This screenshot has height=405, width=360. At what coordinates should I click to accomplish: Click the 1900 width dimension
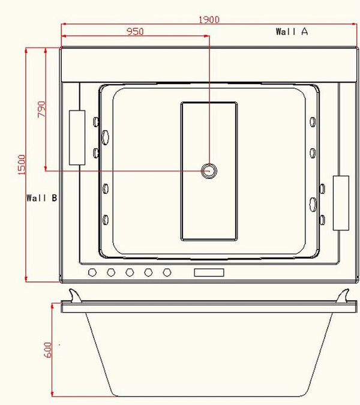click(x=210, y=19)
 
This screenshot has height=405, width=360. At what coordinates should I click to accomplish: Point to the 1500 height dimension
click(x=21, y=165)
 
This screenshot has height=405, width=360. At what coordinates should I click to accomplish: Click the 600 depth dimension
click(x=48, y=349)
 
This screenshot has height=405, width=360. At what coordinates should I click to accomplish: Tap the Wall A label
click(x=292, y=32)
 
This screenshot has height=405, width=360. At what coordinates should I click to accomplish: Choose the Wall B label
click(x=41, y=197)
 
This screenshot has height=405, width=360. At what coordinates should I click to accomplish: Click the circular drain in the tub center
click(x=209, y=171)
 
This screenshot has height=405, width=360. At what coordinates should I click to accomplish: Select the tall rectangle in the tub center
click(x=209, y=171)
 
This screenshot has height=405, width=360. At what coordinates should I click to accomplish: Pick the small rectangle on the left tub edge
click(x=77, y=137)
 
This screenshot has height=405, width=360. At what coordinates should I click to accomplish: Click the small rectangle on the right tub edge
click(x=341, y=203)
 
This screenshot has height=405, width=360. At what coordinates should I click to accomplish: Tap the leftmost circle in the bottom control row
click(x=92, y=273)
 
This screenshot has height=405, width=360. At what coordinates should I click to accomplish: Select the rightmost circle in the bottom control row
click(x=167, y=273)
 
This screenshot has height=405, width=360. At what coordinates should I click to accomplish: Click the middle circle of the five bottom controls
click(x=130, y=273)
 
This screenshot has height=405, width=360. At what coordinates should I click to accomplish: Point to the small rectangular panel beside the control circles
click(x=209, y=273)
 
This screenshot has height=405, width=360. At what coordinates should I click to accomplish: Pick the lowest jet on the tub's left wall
click(x=105, y=219)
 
